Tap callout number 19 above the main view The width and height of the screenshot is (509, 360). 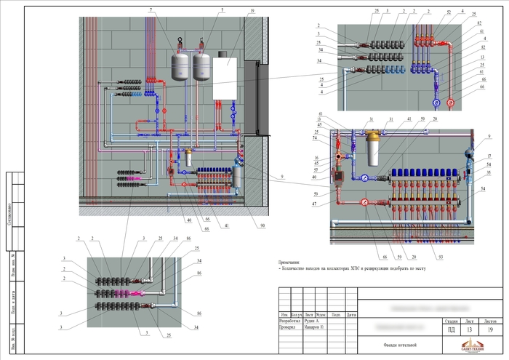[252, 12]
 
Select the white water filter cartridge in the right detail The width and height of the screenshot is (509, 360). [375, 153]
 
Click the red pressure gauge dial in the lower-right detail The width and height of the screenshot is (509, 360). [364, 204]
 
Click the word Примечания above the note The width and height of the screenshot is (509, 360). [293, 262]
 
